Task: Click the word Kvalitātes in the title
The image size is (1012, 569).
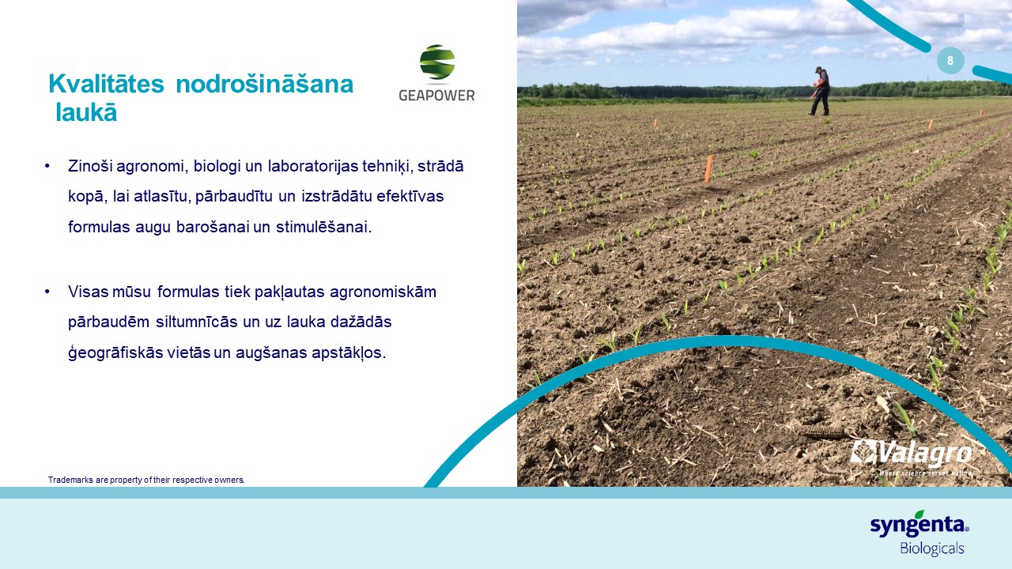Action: click(x=106, y=84)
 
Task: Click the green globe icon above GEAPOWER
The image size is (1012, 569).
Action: click(x=437, y=62)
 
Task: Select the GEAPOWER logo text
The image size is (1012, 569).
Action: click(x=436, y=96)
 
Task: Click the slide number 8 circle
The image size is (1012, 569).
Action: click(x=950, y=61)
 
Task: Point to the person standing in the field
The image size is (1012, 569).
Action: click(x=820, y=91)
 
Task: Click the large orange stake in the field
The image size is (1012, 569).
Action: click(x=708, y=169)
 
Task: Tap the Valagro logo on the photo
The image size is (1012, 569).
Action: click(x=912, y=457)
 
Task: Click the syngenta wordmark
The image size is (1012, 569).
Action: click(x=919, y=524)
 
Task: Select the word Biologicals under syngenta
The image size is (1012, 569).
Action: click(x=932, y=548)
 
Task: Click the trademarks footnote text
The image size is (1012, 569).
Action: click(x=146, y=480)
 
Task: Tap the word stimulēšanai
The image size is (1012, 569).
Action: click(x=323, y=227)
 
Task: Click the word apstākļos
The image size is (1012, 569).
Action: click(x=349, y=353)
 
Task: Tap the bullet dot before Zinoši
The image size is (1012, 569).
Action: click(x=47, y=166)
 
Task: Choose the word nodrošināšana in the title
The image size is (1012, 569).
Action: click(x=264, y=84)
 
